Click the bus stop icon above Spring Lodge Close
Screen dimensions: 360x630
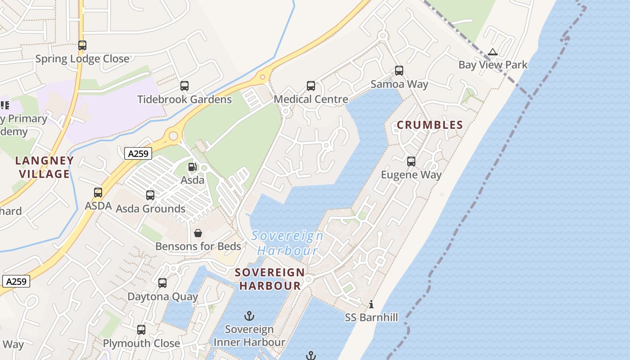[x=82, y=45]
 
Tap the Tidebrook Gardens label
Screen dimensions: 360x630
[x=184, y=99]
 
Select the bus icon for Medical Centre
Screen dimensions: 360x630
[x=310, y=86]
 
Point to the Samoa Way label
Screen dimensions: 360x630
[x=399, y=84]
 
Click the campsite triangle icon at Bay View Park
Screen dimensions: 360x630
[x=493, y=52]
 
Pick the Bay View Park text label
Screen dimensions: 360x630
[x=493, y=65]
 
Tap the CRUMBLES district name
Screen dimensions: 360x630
[x=430, y=125]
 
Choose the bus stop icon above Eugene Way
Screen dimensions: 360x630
[x=411, y=162]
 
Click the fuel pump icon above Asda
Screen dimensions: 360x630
[x=192, y=167]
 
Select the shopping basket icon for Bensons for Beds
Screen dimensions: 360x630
[x=198, y=233]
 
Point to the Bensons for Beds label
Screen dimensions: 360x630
[x=198, y=247]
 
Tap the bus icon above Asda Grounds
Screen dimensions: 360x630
[x=150, y=195]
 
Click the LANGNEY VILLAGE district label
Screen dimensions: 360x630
[x=44, y=167]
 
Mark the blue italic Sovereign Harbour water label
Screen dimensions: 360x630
[x=287, y=243]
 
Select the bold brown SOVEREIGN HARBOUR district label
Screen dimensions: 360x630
[x=270, y=279]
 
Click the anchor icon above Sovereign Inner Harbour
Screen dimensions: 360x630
[x=249, y=316]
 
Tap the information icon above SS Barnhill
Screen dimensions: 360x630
[x=371, y=305]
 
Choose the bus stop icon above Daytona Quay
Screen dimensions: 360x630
[x=162, y=283]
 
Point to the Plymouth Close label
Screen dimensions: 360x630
[x=141, y=343]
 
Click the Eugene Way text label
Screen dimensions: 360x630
[x=411, y=175]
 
